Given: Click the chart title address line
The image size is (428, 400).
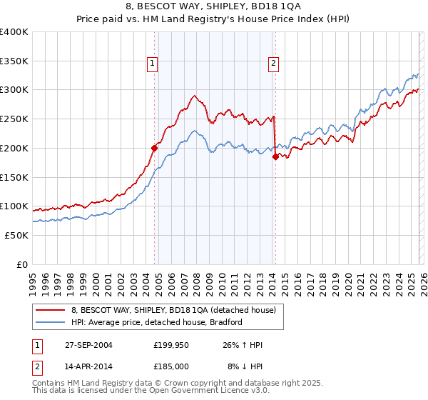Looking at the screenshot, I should click(x=213, y=6).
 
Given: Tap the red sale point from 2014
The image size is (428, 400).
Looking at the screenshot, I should click(x=275, y=157).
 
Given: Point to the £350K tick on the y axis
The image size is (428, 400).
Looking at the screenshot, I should click(x=14, y=61).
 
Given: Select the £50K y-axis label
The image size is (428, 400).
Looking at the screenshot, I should click(x=16, y=235).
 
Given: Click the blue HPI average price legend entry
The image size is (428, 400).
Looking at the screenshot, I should click(x=157, y=322).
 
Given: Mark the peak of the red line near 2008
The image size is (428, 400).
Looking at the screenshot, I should click(x=193, y=95).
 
